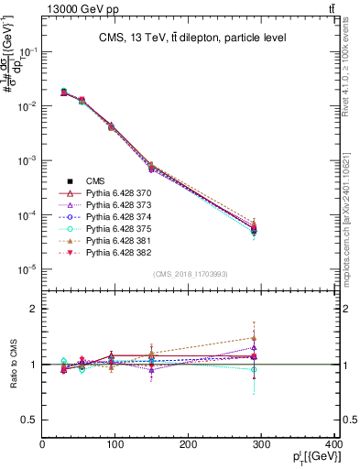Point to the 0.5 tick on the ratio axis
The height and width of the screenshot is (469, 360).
click(x=31, y=420)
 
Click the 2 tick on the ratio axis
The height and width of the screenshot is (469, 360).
click(x=35, y=310)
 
